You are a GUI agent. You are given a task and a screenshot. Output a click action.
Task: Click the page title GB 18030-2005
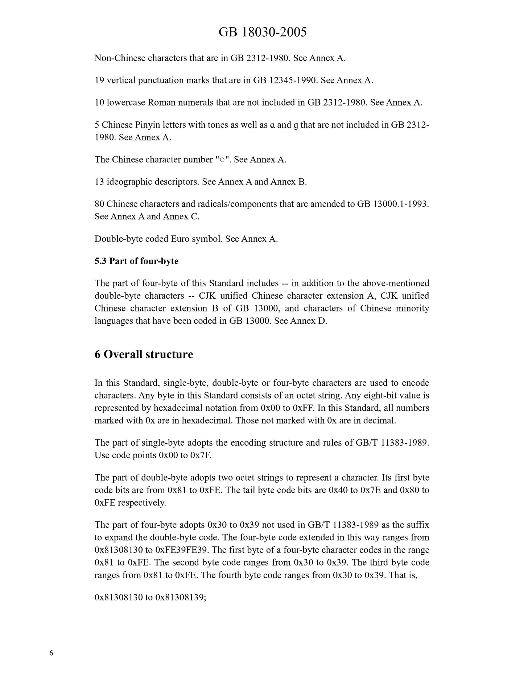coord(262,32)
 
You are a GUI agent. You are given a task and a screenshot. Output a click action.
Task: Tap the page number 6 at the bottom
coord(51,653)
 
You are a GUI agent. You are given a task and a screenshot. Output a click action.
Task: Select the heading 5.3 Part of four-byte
coord(136,261)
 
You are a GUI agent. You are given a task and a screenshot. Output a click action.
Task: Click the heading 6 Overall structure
coord(144,354)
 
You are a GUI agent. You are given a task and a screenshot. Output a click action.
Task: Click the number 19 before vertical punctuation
coord(99,80)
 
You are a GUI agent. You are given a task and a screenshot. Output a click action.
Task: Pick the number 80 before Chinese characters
coord(99,204)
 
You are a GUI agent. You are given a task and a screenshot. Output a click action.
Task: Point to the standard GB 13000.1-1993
coord(393,204)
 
